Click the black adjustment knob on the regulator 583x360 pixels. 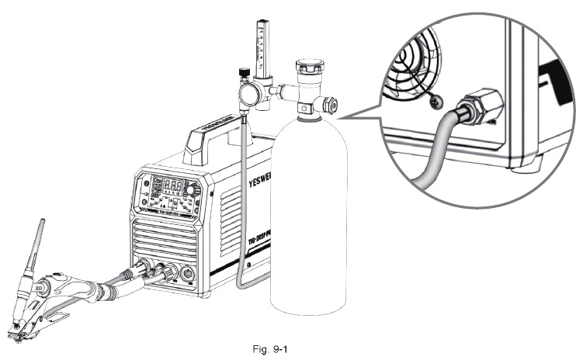tap(242, 74)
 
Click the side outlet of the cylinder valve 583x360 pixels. tap(331, 105)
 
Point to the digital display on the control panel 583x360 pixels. tap(176, 187)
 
